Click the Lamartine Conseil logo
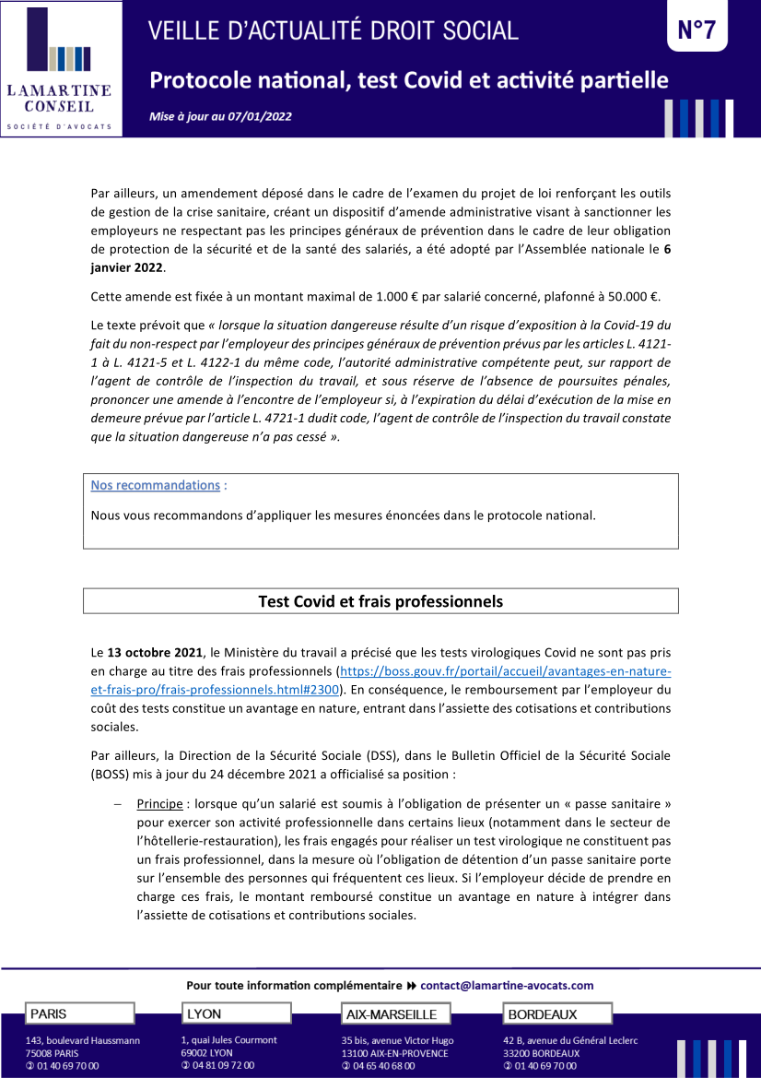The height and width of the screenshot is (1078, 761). click(61, 69)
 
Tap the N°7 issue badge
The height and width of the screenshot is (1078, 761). click(697, 30)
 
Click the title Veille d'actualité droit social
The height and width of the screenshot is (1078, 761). click(334, 31)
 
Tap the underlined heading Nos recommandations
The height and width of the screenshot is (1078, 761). click(155, 485)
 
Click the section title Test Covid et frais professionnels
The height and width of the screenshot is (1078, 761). click(380, 601)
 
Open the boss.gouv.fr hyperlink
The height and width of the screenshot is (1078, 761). click(505, 671)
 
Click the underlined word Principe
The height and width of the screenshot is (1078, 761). click(159, 804)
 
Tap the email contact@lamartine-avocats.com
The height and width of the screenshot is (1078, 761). click(507, 985)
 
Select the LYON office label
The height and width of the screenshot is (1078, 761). click(205, 1013)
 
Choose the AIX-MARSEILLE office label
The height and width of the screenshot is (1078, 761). click(392, 1014)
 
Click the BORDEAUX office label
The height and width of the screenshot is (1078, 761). click(543, 1014)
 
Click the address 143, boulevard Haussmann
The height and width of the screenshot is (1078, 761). click(83, 1040)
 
